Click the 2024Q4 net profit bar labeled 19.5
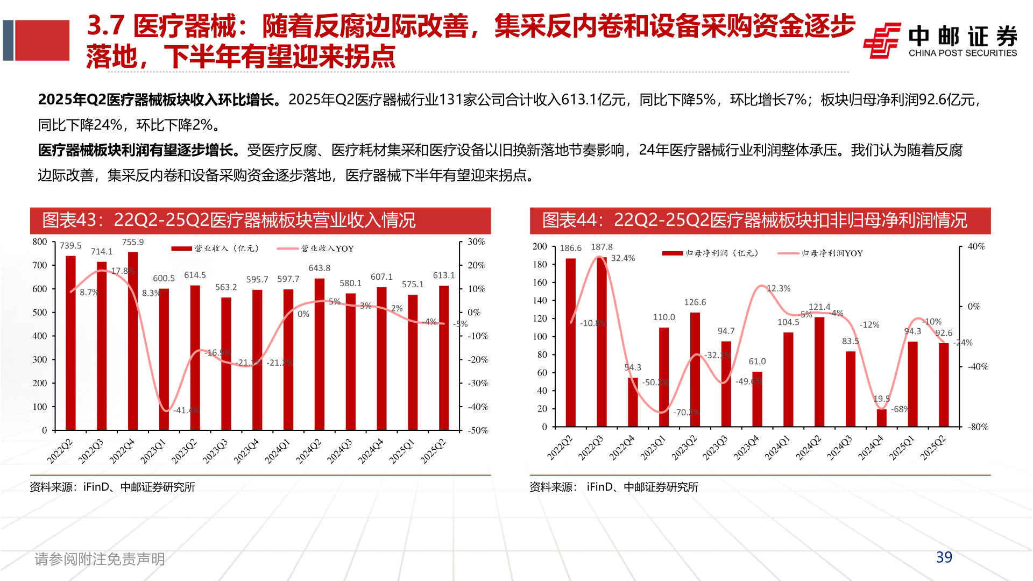pos(881,418)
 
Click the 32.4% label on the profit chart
pos(623,258)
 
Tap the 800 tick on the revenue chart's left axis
pos(40,242)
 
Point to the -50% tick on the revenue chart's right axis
pos(478,430)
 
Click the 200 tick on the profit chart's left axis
pos(540,246)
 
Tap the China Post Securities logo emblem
pos(882,40)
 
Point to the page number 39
pos(944,557)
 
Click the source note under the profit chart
pos(614,487)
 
